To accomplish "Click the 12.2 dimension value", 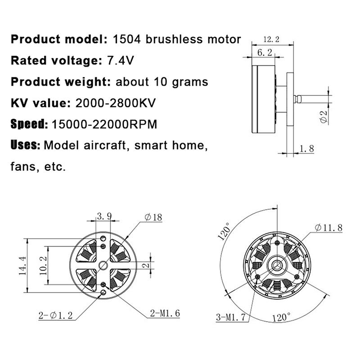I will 271,40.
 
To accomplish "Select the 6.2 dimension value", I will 265,53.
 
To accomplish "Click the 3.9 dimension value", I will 104,217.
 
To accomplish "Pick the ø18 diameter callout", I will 153,217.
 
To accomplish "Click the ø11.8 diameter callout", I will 328,228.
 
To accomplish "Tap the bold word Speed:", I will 29,124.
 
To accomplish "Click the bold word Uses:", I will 26,145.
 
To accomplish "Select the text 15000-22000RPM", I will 105,124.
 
